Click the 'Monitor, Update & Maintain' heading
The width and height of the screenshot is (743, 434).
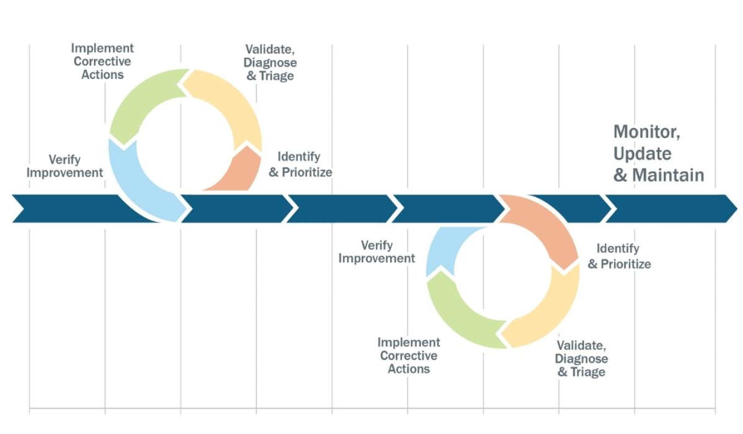pyautogui.click(x=658, y=153)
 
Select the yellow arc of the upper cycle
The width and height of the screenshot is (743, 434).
pyautogui.click(x=231, y=105)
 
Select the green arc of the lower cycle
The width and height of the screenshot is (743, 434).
pyautogui.click(x=457, y=314)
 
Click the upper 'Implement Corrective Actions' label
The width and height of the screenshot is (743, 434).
pyautogui.click(x=102, y=62)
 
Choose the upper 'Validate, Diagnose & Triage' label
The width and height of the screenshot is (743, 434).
pyautogui.click(x=270, y=63)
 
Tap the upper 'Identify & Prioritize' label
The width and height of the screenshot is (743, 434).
pyautogui.click(x=300, y=164)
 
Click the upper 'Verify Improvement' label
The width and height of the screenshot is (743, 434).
pyautogui.click(x=64, y=166)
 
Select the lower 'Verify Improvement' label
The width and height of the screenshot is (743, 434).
pyautogui.click(x=376, y=252)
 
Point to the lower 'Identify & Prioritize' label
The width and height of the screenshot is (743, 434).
pyautogui.click(x=619, y=256)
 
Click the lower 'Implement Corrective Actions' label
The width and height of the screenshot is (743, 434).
pyautogui.click(x=408, y=356)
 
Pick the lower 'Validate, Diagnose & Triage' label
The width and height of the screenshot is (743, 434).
pyautogui.click(x=581, y=359)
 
